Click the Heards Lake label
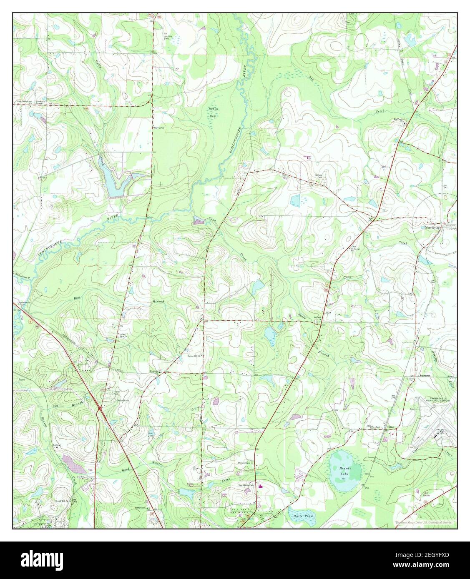344,471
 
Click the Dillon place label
391,427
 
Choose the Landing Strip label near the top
168,35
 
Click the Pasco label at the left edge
22,380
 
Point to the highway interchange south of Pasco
100,410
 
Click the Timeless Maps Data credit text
423,522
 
